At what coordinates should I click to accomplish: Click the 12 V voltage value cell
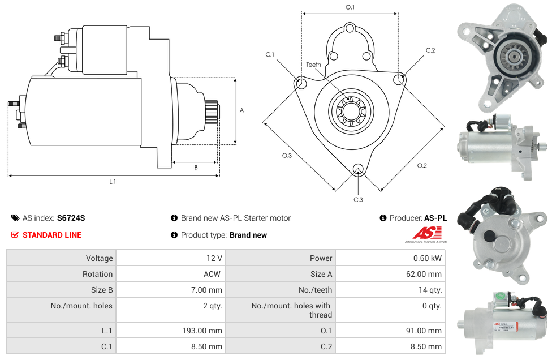tap(214, 258)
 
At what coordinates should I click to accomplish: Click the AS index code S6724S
tap(71, 218)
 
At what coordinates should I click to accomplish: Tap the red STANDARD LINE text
tap(52, 235)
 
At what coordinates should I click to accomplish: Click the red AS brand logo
tap(426, 233)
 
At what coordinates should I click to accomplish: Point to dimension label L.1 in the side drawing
tap(113, 182)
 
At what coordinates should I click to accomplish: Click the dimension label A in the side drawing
tap(242, 110)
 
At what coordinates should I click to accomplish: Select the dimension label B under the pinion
tap(196, 168)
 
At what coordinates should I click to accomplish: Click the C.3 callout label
tap(358, 199)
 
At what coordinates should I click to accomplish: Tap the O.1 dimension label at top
tap(350, 7)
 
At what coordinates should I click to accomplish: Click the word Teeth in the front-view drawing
tap(313, 65)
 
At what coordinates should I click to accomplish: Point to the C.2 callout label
tap(430, 50)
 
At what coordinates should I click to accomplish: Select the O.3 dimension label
tap(287, 156)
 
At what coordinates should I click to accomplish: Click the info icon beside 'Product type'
tap(174, 235)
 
